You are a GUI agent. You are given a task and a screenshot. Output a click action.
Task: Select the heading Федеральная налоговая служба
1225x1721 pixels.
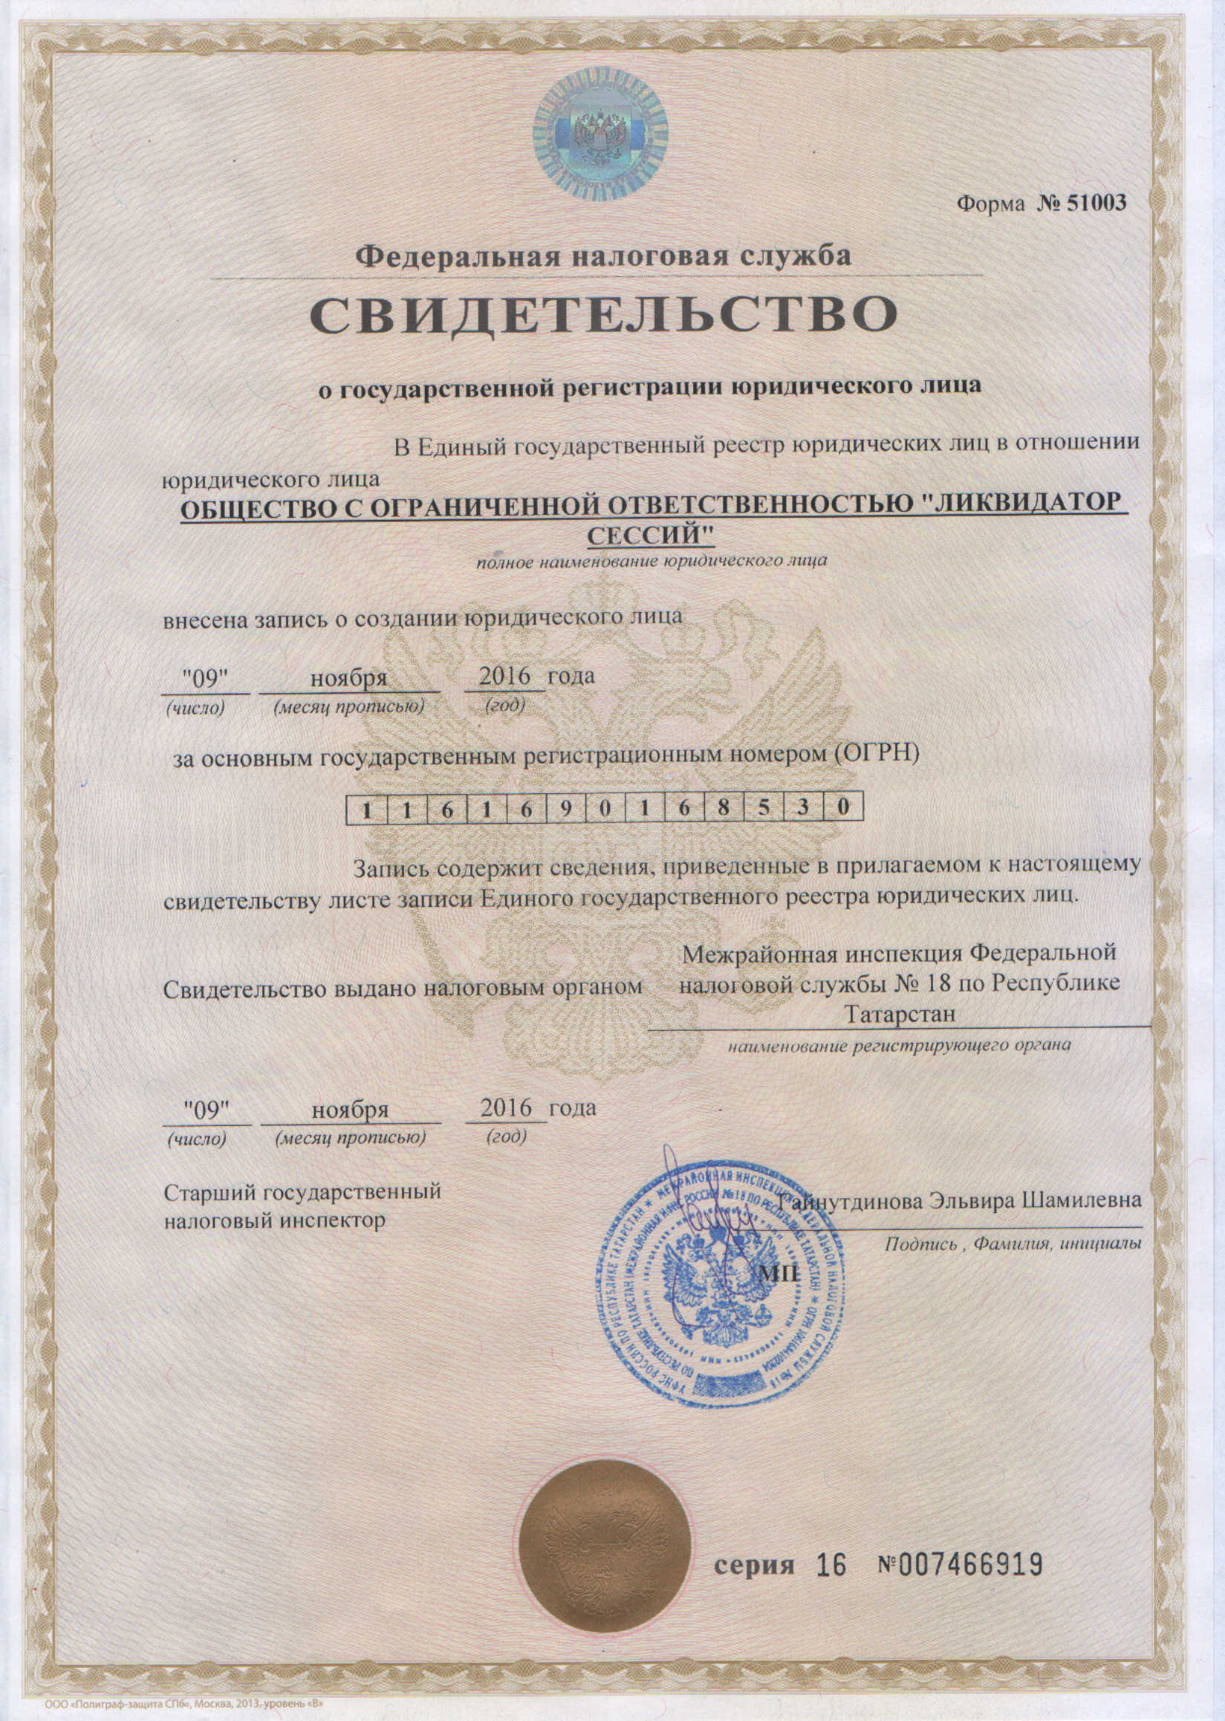603,256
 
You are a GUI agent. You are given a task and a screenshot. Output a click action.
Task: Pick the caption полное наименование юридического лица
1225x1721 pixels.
651,561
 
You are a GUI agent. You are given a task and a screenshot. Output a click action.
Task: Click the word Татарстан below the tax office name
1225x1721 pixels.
899,1014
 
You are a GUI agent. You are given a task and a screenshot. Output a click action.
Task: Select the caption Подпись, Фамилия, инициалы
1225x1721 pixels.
1013,1244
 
